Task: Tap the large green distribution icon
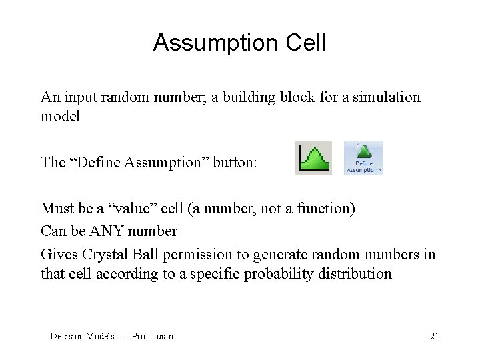tap(313, 158)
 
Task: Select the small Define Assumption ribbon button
tap(363, 158)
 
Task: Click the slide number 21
tap(434, 336)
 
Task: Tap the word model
tap(59, 116)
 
